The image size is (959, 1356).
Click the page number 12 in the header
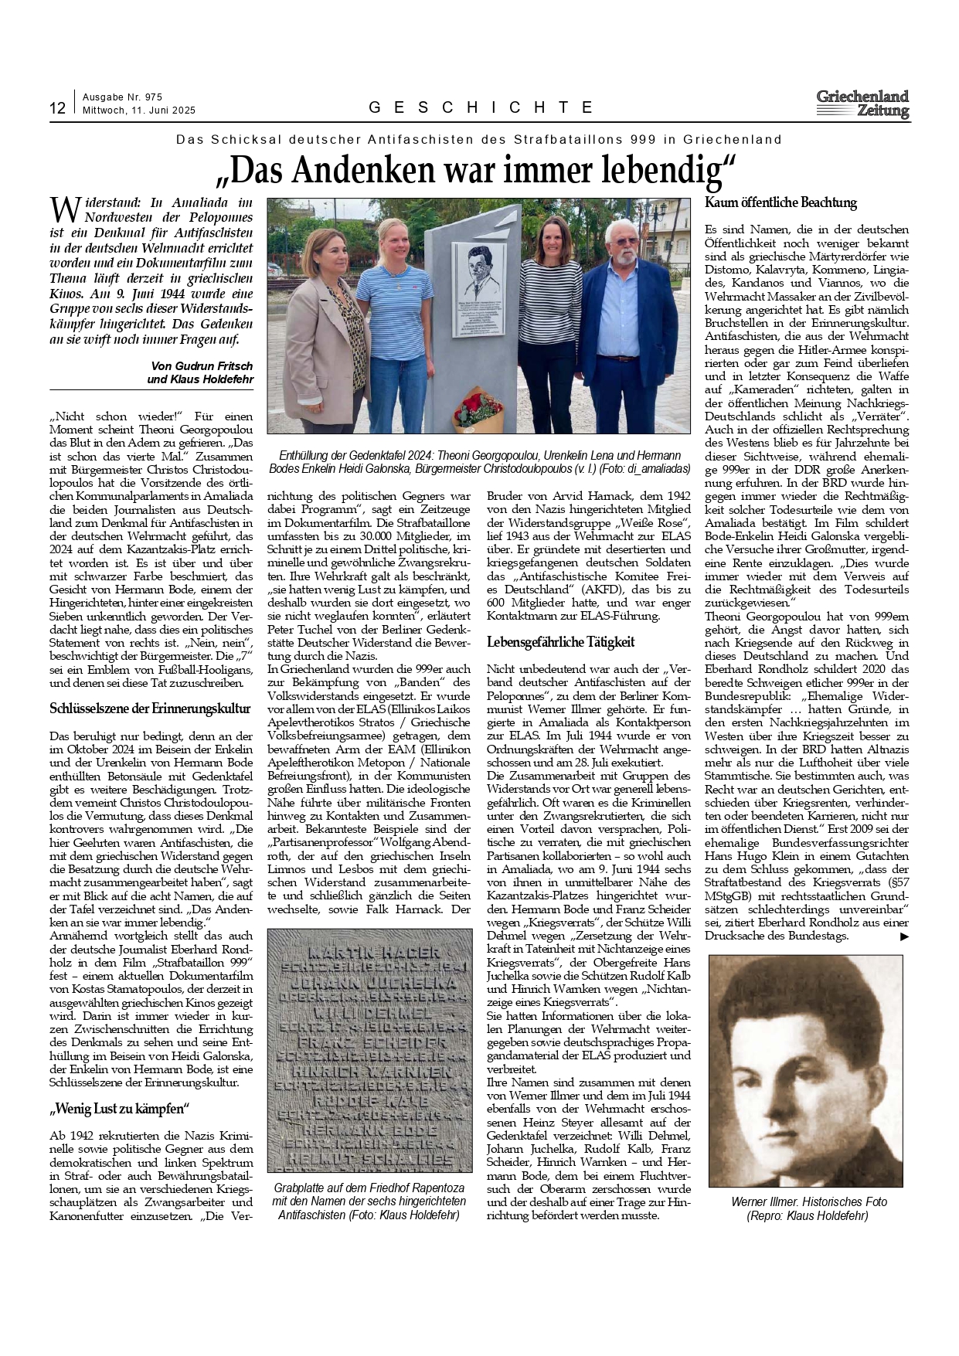pyautogui.click(x=57, y=108)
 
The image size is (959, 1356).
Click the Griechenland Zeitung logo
pyautogui.click(x=862, y=104)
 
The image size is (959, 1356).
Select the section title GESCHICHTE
pyautogui.click(x=481, y=107)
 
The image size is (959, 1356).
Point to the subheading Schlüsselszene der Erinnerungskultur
pyautogui.click(x=150, y=708)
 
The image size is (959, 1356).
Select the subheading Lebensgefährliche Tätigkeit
pyautogui.click(x=560, y=642)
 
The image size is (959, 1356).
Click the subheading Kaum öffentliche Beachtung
pyautogui.click(x=780, y=203)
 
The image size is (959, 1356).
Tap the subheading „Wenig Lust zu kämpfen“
pyautogui.click(x=119, y=1109)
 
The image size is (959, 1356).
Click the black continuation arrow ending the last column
pyautogui.click(x=904, y=936)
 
